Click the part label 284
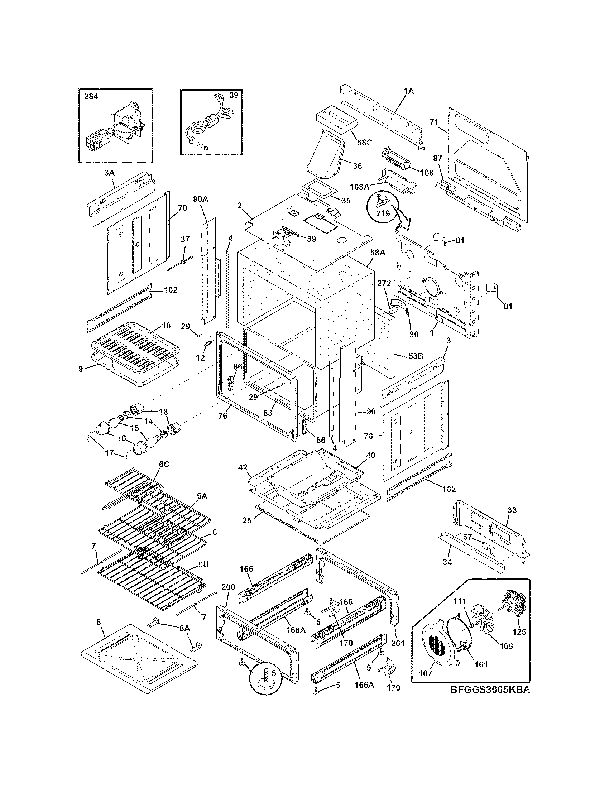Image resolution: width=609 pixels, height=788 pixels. (91, 97)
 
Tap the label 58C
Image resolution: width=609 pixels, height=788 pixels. (364, 143)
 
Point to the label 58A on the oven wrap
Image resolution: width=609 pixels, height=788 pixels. (377, 253)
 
